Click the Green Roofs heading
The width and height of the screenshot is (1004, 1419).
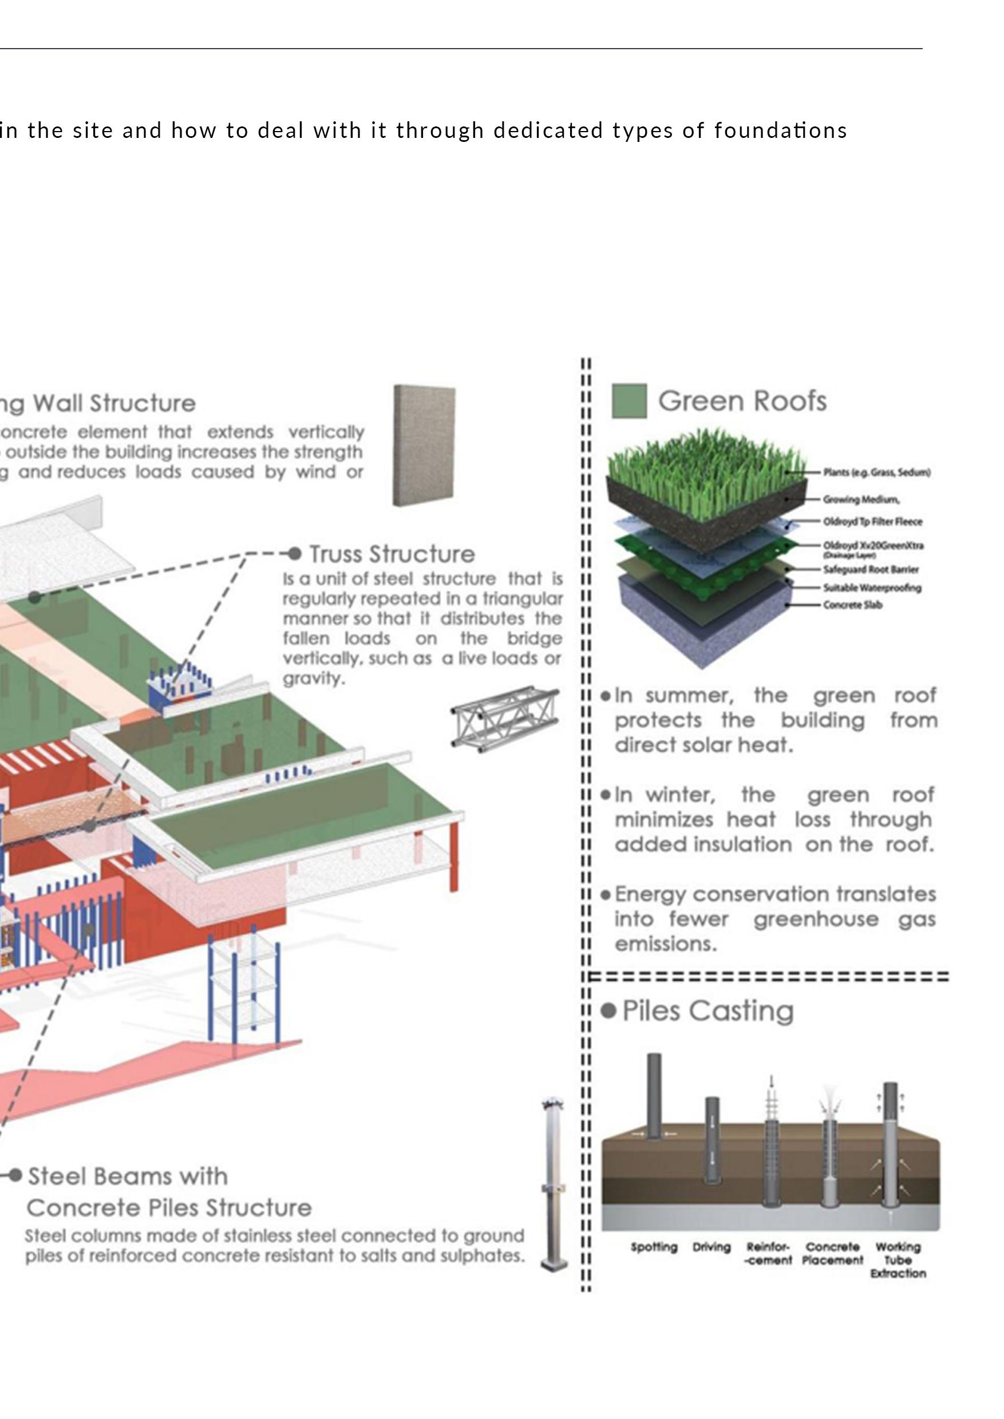point(742,401)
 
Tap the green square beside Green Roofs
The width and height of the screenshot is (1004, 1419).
point(629,401)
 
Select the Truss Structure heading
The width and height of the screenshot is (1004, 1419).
point(392,554)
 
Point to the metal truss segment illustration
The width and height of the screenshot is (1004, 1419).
point(504,719)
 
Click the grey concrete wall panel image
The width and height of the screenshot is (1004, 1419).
point(425,445)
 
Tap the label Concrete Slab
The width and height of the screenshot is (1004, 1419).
point(852,605)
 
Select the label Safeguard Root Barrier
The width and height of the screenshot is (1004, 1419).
point(871,569)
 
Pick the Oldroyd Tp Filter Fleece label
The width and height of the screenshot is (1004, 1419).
point(872,522)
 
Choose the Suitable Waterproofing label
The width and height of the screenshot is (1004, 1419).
point(872,588)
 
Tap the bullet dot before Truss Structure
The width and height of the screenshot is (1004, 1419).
point(295,553)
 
